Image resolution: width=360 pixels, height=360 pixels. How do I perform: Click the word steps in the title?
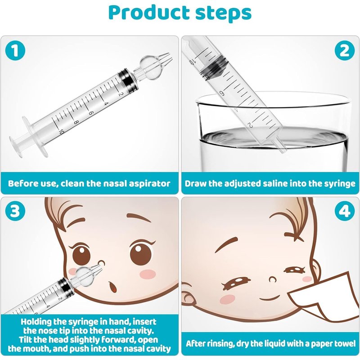pyautogui.click(x=223, y=13)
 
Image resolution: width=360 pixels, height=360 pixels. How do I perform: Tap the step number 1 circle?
pyautogui.click(x=15, y=51)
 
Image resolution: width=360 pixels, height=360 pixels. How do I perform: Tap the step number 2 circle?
pyautogui.click(x=344, y=51)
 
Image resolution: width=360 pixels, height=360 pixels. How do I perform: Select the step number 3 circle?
pyautogui.click(x=15, y=211)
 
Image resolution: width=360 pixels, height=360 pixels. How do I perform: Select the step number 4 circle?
pyautogui.click(x=344, y=211)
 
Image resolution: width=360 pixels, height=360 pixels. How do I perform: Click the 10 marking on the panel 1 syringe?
pyautogui.click(x=61, y=132)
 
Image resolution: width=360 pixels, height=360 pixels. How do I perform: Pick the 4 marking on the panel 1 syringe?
pyautogui.click(x=106, y=104)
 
